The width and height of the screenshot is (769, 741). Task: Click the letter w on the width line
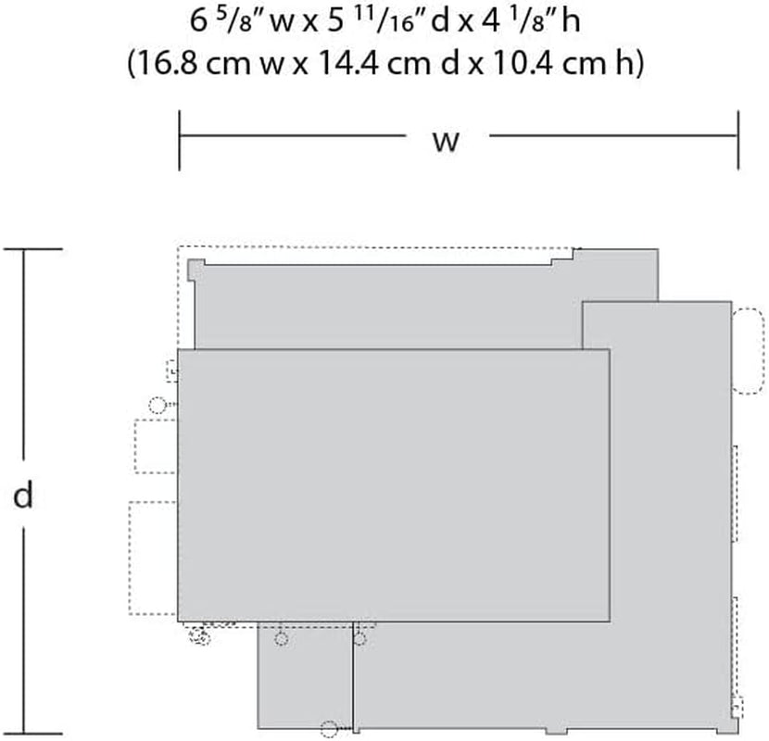446,142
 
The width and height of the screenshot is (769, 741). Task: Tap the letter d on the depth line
22,495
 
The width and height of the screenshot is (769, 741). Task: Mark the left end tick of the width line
180,140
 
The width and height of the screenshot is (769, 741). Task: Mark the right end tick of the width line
737,140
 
